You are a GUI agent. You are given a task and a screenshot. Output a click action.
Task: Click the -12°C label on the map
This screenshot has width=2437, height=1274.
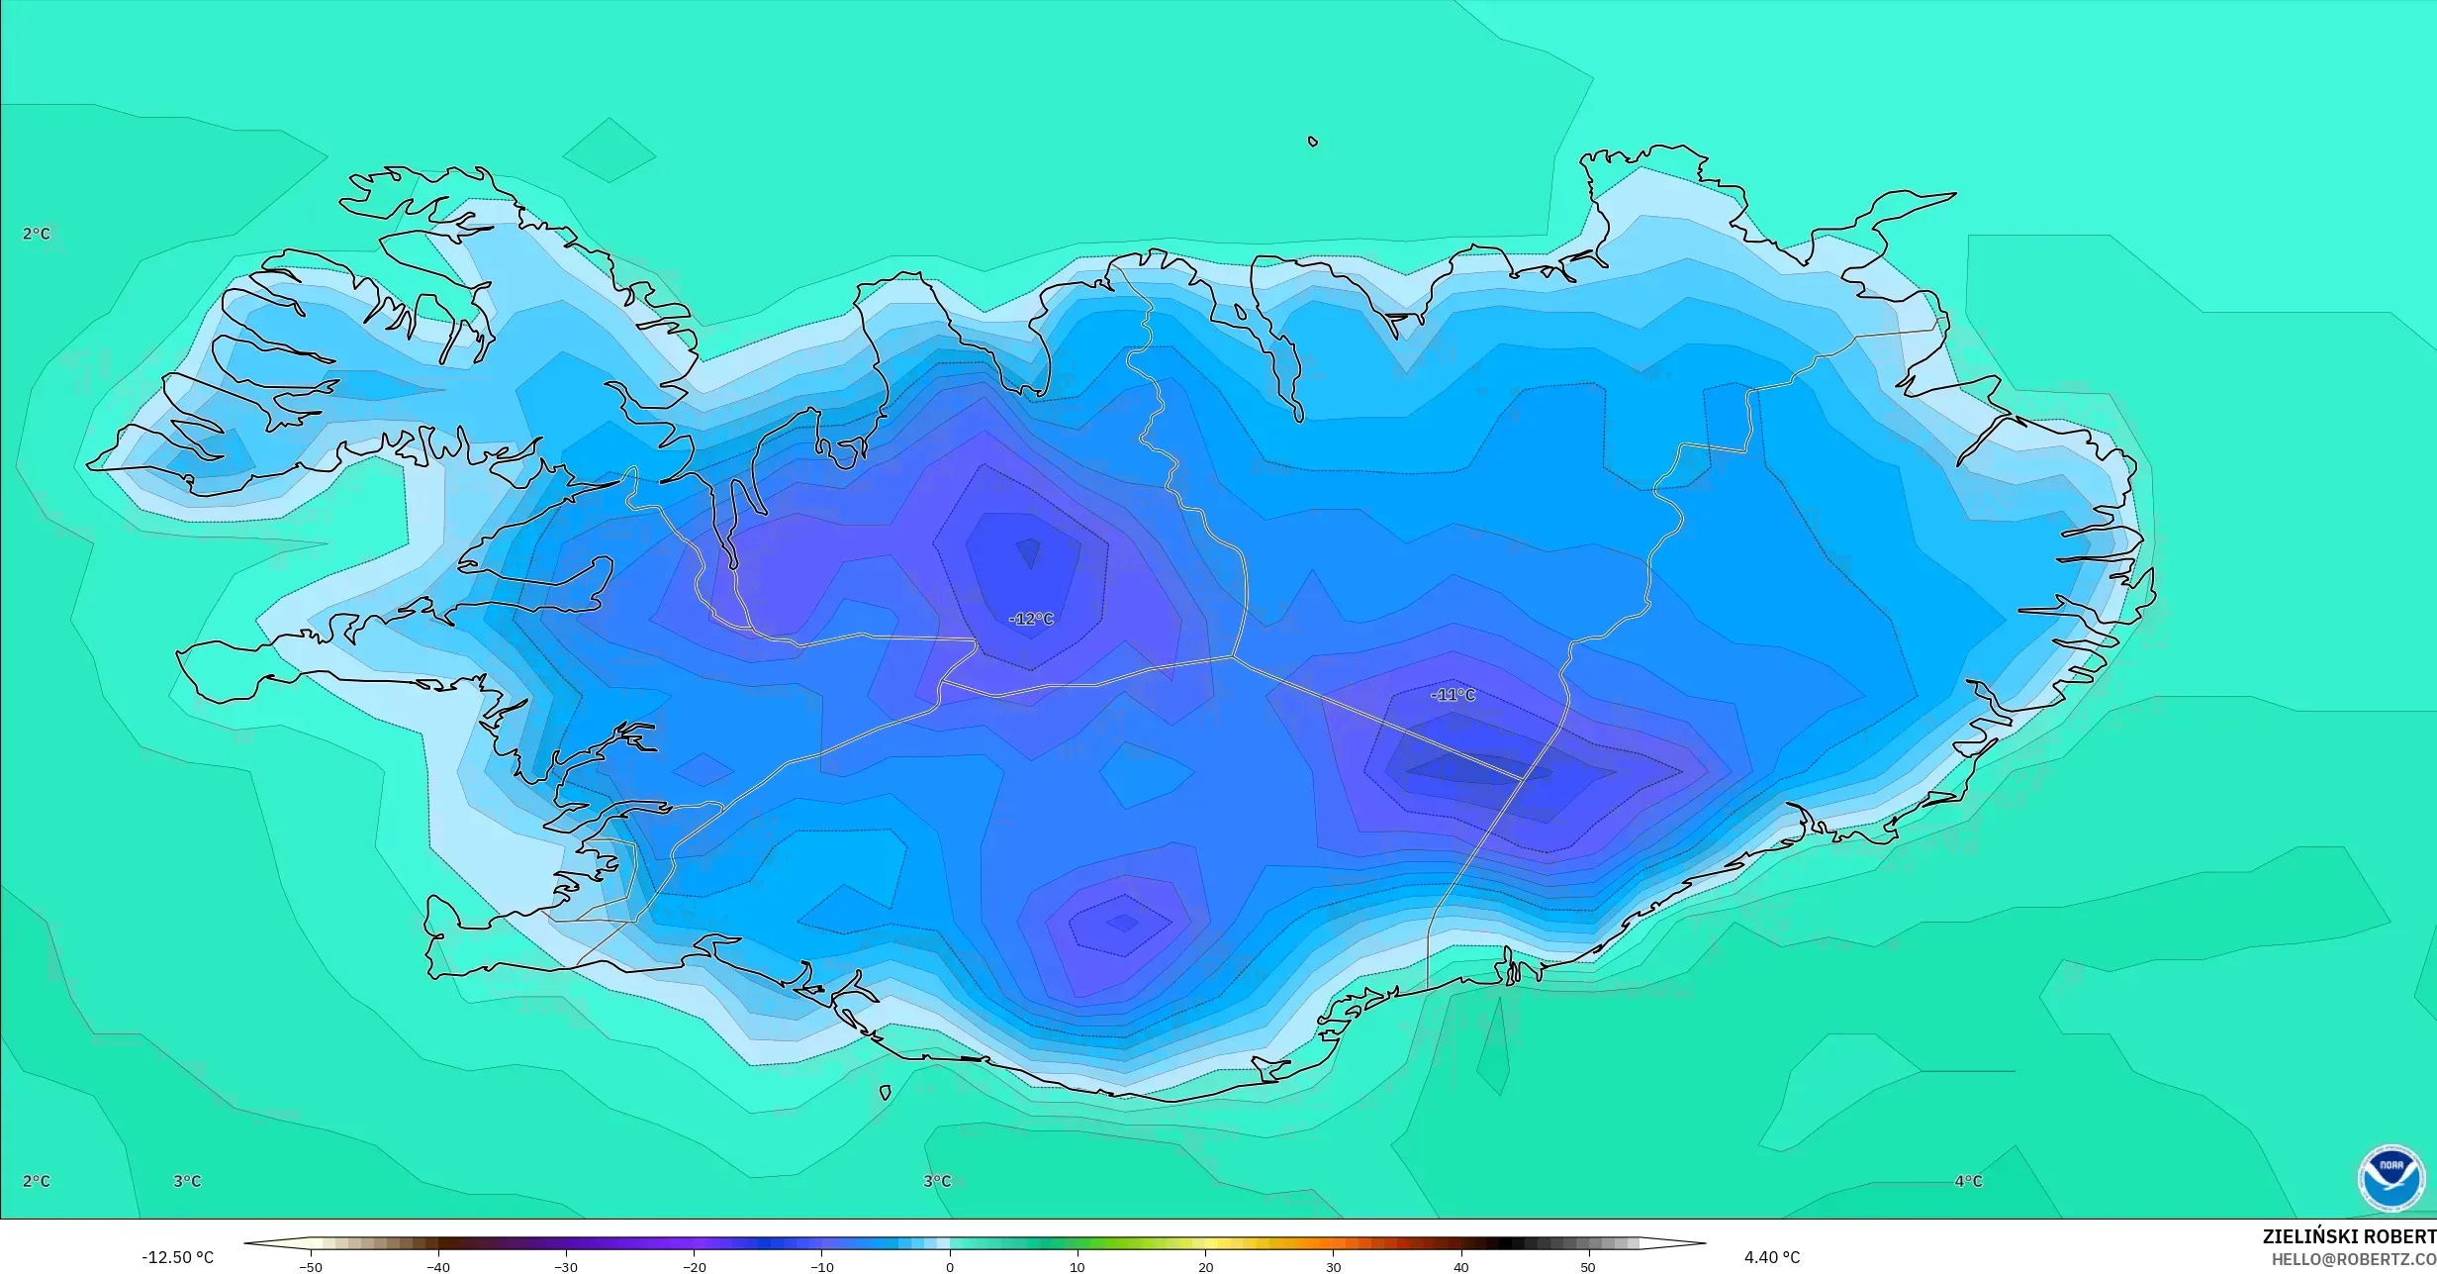tap(1031, 619)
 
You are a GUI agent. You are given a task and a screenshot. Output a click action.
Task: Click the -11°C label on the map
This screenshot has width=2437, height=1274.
tap(1453, 695)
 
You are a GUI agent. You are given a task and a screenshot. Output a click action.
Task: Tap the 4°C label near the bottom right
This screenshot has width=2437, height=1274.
tap(1968, 1181)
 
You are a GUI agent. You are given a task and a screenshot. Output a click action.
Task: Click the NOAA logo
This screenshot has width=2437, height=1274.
tap(2390, 1178)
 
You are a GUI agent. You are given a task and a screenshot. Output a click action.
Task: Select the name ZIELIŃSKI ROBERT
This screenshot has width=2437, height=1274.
tap(2348, 1236)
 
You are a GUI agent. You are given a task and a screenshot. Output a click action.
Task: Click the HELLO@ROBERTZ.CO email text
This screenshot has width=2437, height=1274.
tap(2353, 1259)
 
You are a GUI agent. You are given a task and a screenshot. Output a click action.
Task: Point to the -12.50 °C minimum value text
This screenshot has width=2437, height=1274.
tap(177, 1257)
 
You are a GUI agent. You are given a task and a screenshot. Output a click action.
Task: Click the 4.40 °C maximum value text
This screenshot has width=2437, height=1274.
tap(1771, 1257)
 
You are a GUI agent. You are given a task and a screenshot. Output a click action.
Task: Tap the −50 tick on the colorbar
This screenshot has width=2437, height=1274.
tap(311, 1266)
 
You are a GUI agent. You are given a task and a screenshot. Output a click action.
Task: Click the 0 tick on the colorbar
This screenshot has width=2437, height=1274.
tap(950, 1266)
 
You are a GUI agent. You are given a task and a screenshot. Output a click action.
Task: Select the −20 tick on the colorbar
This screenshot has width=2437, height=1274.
tap(694, 1266)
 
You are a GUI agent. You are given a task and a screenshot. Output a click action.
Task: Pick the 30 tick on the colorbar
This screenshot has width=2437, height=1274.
tap(1333, 1266)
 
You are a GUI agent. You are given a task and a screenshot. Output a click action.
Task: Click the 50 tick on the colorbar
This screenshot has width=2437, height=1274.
tap(1588, 1266)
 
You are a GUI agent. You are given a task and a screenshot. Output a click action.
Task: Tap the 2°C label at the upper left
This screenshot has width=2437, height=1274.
tap(37, 234)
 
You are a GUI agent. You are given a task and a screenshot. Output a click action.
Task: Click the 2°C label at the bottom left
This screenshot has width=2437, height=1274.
tap(37, 1181)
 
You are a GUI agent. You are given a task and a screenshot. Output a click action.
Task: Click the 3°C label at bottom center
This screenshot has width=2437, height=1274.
tap(937, 1181)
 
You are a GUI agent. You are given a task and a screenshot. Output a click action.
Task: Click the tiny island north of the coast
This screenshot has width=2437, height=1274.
tap(1313, 142)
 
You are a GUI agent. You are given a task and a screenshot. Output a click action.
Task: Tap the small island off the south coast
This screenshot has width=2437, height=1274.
tap(885, 1093)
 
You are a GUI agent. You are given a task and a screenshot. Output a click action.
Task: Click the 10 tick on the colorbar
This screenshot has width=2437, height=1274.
tap(1078, 1266)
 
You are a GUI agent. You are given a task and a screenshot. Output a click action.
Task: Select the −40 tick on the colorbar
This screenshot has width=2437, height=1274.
tap(438, 1266)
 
